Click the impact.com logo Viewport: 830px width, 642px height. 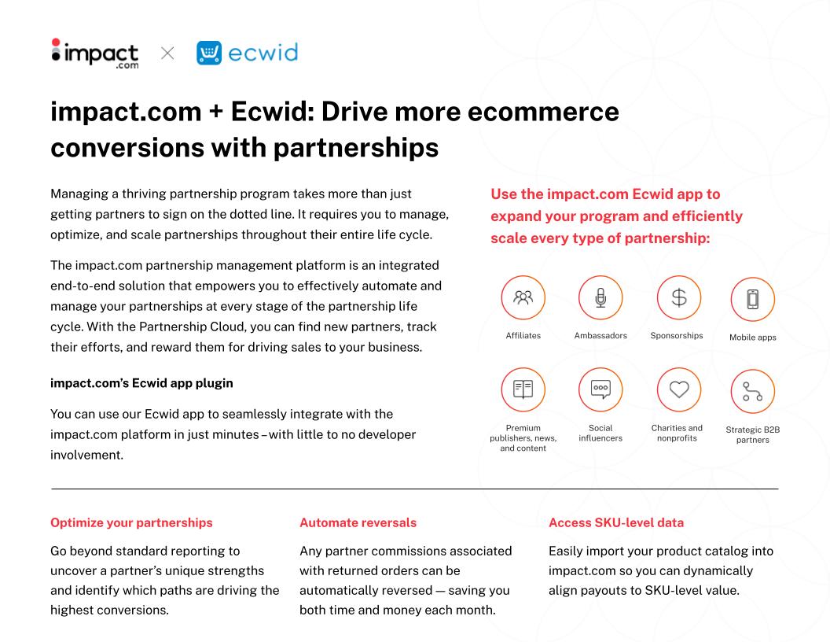click(x=95, y=53)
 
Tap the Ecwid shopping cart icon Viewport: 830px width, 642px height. click(x=209, y=53)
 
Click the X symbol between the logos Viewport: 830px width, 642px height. click(x=167, y=53)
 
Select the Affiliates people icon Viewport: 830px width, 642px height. click(x=523, y=297)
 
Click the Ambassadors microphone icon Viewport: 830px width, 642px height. click(x=600, y=297)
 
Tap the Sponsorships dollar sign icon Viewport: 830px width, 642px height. click(x=678, y=297)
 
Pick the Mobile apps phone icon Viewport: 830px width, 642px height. click(x=753, y=299)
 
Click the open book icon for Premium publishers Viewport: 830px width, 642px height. click(x=523, y=389)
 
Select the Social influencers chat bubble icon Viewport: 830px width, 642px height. click(x=600, y=389)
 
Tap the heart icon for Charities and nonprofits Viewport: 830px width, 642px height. click(x=678, y=389)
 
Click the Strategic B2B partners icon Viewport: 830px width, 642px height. click(x=753, y=392)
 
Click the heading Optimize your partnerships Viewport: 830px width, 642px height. click(x=131, y=523)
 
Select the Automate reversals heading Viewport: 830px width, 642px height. click(x=358, y=523)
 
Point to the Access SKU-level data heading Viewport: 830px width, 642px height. click(x=616, y=523)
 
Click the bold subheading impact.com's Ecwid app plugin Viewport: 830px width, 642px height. click(x=141, y=383)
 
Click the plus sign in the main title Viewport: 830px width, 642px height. click(x=216, y=113)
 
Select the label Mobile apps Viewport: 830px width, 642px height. click(x=753, y=338)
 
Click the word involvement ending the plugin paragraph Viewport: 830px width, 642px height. click(x=86, y=455)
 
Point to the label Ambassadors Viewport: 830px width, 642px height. click(x=600, y=335)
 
